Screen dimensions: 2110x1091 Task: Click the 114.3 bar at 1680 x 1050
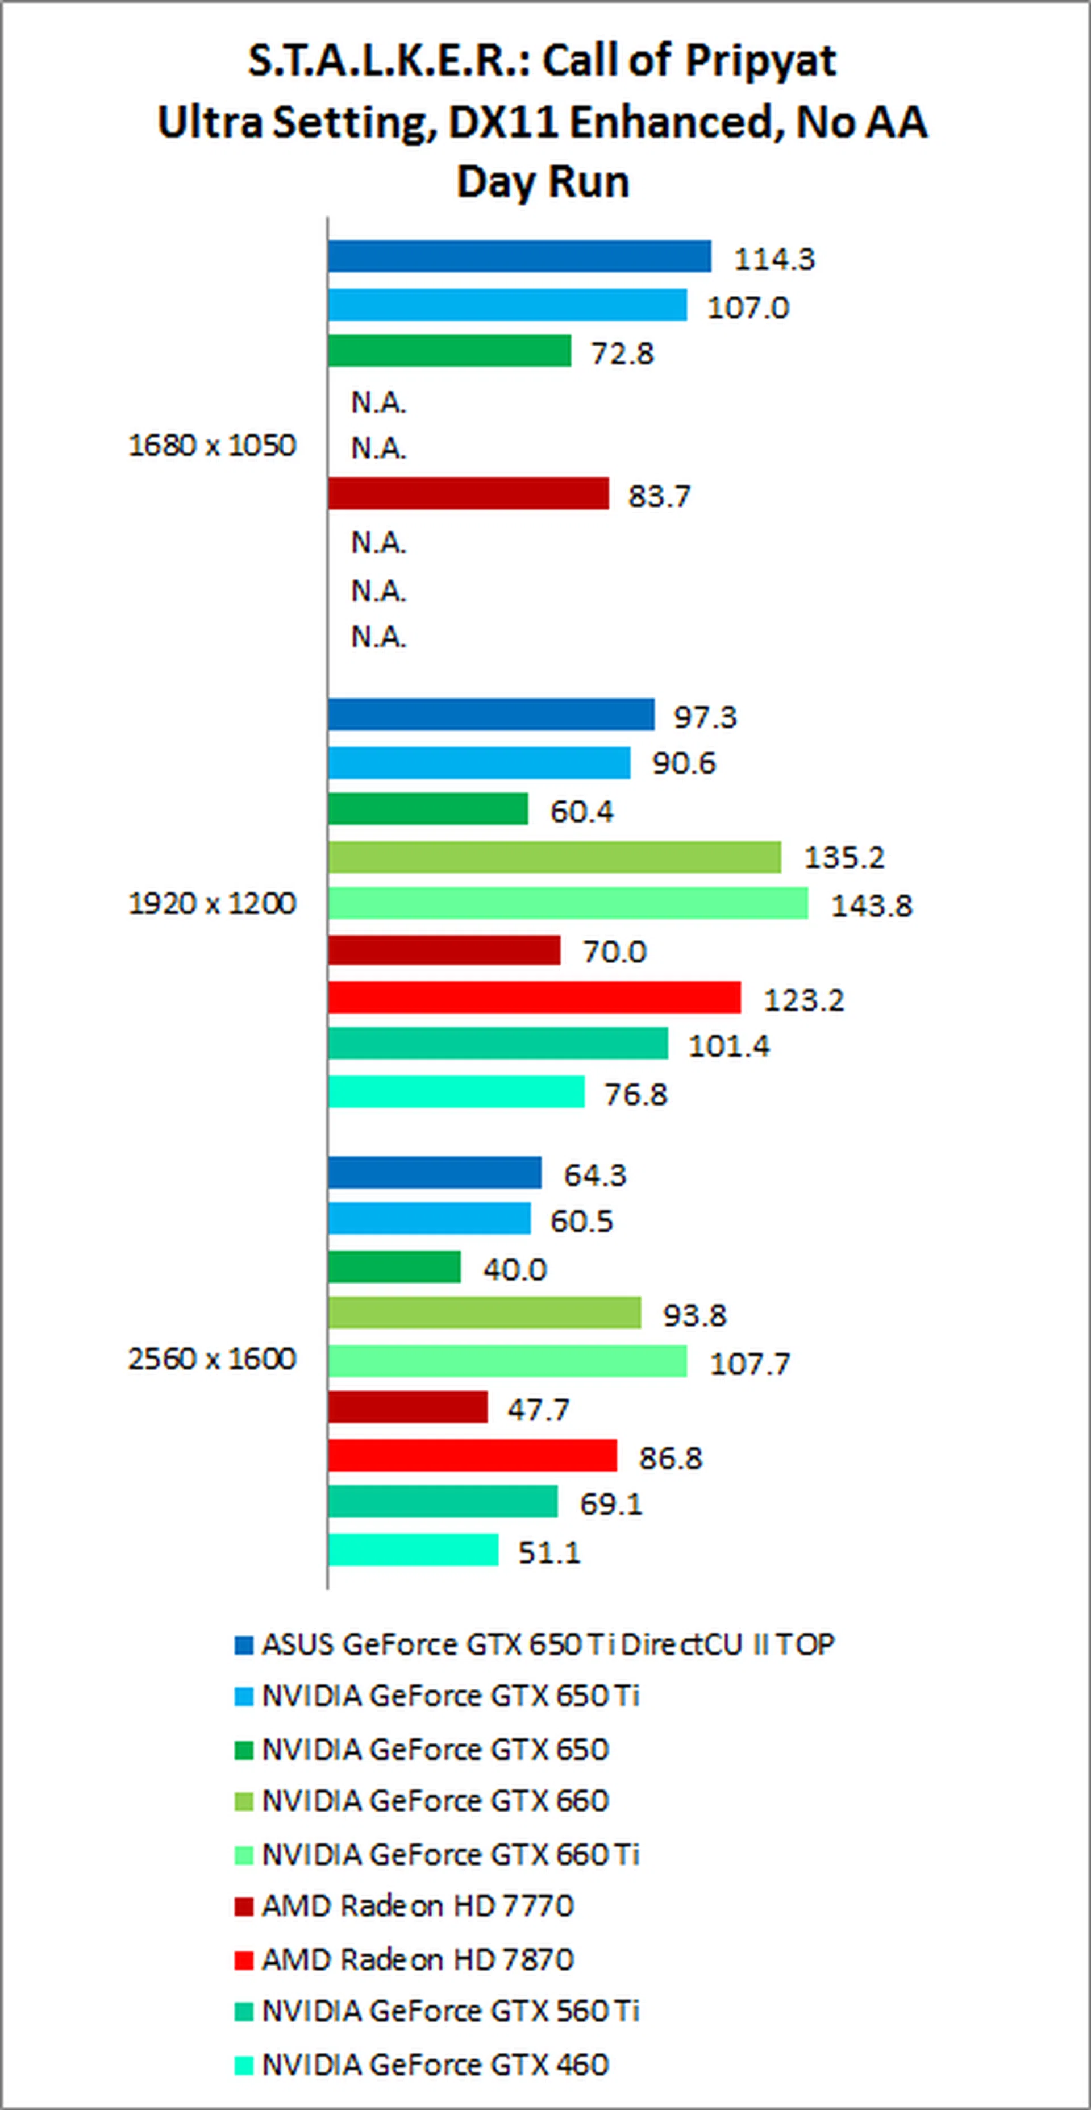click(519, 256)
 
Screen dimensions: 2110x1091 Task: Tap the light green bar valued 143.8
click(568, 903)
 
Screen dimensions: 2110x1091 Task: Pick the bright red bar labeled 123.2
click(534, 998)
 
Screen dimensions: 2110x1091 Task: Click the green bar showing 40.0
click(394, 1267)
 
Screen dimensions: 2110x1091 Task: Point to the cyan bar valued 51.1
click(413, 1550)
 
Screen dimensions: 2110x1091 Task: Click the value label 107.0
click(748, 308)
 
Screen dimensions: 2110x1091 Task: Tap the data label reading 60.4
click(581, 812)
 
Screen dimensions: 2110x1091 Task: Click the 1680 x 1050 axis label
click(212, 446)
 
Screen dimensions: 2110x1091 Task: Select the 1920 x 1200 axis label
click(212, 903)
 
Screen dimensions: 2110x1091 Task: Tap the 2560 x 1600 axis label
click(212, 1360)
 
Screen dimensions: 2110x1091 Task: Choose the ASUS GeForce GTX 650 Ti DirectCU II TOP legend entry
click(547, 1644)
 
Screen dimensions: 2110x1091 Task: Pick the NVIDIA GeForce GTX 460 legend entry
click(435, 2065)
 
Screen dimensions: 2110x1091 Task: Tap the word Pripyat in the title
click(761, 61)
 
